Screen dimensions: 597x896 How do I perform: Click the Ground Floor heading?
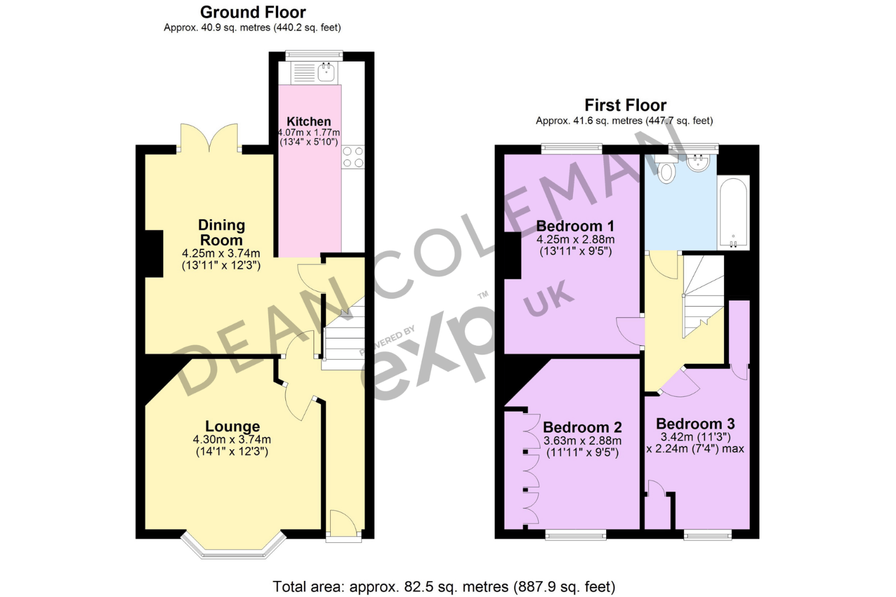click(x=253, y=12)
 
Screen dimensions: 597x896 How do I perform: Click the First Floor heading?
click(x=625, y=105)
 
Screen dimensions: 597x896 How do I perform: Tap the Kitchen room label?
click(x=309, y=122)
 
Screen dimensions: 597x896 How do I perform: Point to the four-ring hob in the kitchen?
click(x=353, y=157)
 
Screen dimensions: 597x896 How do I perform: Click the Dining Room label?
click(x=221, y=232)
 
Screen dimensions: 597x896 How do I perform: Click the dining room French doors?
click(x=210, y=138)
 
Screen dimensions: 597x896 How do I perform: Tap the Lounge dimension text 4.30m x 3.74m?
click(x=232, y=439)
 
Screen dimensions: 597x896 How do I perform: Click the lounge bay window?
click(x=233, y=548)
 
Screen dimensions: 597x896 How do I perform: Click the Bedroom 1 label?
click(x=575, y=226)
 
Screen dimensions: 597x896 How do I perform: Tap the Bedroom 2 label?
click(x=582, y=427)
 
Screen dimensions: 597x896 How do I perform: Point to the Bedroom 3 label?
click(x=695, y=424)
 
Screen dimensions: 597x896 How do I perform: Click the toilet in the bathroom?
click(x=666, y=172)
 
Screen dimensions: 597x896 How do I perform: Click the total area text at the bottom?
click(x=444, y=586)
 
